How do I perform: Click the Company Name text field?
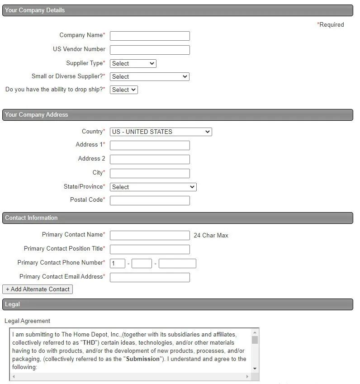point(150,36)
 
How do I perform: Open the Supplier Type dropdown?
point(133,64)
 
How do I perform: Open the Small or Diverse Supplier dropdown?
point(149,77)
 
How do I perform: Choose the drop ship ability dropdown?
point(123,90)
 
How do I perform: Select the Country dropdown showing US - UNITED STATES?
point(161,132)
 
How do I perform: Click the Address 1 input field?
point(150,146)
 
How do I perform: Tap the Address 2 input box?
point(150,160)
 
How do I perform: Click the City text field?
point(150,174)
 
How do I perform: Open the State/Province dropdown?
point(153,187)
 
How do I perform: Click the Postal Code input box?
point(150,201)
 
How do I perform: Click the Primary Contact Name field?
point(150,236)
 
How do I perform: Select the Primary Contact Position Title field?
point(150,250)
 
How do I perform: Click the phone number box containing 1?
point(118,264)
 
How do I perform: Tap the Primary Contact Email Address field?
point(150,278)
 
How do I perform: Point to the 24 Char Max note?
point(211,236)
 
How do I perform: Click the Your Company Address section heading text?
point(37,115)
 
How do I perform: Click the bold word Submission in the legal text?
point(142,359)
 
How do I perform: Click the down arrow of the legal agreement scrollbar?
point(255,369)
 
